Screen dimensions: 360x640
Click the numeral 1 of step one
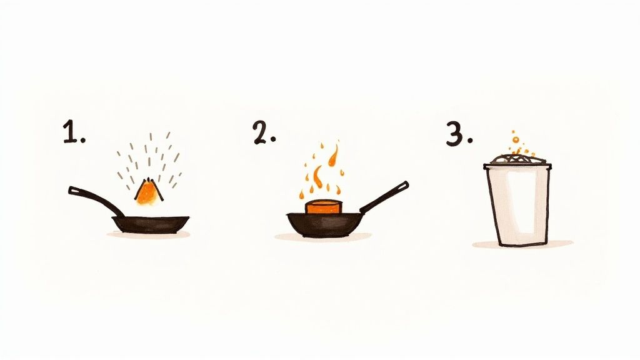69,133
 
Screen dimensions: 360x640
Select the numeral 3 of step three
454,134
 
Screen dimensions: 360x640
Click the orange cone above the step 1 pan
147,192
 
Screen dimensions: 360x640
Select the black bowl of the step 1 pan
150,224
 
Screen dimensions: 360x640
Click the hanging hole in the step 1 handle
73,189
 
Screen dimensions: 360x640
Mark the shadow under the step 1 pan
148,235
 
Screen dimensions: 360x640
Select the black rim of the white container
517,166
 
